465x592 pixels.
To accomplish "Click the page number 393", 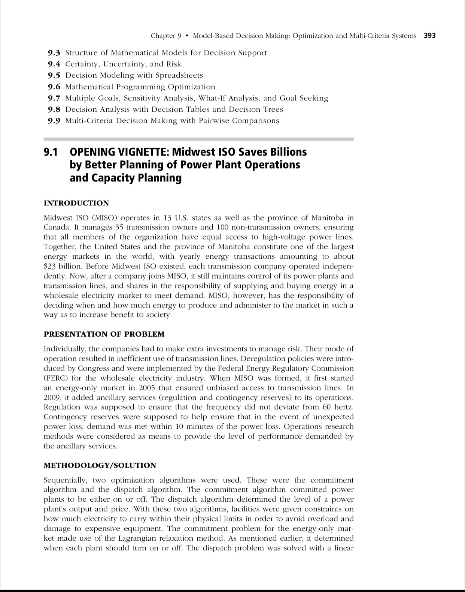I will (x=429, y=36).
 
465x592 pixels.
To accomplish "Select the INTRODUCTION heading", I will (x=76, y=203).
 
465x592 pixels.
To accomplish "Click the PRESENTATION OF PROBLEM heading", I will (x=104, y=334).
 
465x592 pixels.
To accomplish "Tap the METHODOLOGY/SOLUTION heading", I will (x=100, y=465).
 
